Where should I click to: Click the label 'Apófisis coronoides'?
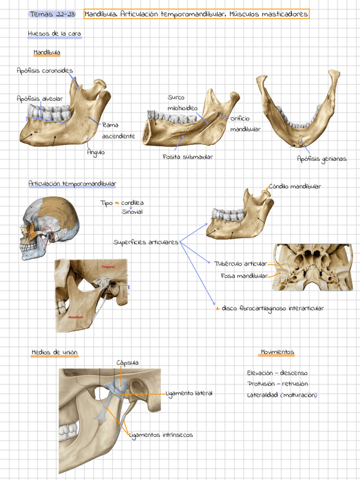(45, 71)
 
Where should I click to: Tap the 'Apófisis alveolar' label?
(40, 98)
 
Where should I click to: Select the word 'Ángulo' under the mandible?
(95, 152)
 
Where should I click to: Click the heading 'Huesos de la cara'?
(54, 34)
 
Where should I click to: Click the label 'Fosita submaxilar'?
(187, 157)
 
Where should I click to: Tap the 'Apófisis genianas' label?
(322, 158)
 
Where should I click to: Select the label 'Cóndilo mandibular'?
(295, 186)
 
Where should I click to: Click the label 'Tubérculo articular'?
(241, 263)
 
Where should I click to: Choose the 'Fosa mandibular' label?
(244, 276)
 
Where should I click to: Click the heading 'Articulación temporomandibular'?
(72, 183)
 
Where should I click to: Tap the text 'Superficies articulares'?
(145, 242)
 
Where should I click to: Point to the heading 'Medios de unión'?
(54, 353)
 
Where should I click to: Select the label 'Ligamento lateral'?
(190, 393)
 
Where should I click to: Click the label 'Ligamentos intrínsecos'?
(161, 435)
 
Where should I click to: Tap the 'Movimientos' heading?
(277, 352)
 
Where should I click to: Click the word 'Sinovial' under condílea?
(132, 212)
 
